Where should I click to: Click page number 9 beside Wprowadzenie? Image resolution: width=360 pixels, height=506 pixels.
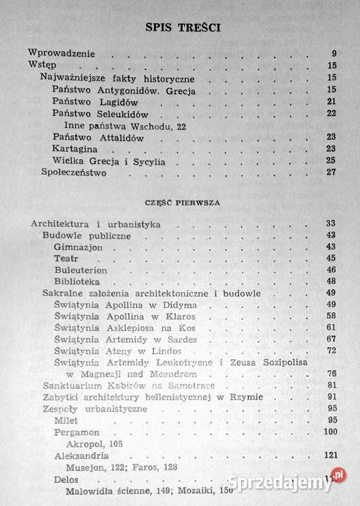[333, 53]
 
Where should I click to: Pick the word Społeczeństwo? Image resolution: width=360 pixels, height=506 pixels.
[73, 172]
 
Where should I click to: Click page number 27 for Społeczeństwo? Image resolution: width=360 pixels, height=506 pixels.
[331, 172]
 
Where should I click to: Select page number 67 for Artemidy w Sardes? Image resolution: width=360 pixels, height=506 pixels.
[331, 339]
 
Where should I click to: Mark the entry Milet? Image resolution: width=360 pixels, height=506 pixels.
[66, 420]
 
